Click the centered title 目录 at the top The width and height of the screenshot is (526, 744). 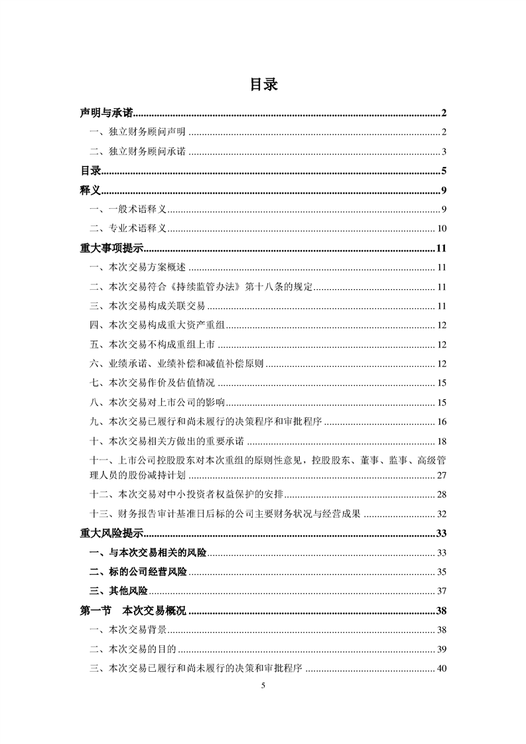[263, 85]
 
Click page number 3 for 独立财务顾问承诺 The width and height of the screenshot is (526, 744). [444, 152]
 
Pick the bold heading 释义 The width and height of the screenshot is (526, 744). [90, 191]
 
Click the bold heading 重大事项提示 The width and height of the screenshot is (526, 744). [111, 249]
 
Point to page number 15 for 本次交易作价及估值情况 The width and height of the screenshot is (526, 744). [442, 383]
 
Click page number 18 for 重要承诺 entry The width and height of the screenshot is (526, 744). [442, 441]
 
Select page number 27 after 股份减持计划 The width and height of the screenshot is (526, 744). [442, 475]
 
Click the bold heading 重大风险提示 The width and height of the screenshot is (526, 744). [111, 533]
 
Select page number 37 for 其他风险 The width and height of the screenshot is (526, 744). [442, 591]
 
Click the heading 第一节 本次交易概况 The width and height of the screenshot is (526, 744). [133, 610]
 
